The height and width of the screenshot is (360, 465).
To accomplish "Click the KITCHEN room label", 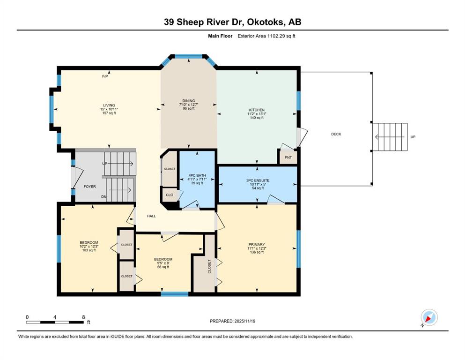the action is tap(257, 110).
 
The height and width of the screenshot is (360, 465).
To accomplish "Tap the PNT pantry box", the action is tap(288, 157).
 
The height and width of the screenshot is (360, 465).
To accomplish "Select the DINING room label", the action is tap(189, 101).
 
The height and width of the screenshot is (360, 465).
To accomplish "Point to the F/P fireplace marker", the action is tap(105, 76).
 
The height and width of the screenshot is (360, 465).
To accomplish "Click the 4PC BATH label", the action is tap(197, 175).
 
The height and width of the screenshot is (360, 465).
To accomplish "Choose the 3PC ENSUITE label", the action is tap(258, 180).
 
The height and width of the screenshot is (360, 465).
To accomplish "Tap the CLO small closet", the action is tap(170, 195).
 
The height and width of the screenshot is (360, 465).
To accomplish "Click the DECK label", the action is tap(336, 134).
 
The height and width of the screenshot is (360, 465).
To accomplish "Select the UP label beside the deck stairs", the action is tap(413, 137).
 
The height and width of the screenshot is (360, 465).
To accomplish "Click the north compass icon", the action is tap(429, 317).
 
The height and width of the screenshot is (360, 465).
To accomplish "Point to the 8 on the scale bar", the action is tap(83, 317).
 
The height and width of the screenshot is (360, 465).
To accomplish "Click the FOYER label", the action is tap(89, 187).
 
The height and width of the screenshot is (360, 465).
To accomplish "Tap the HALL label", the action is tap(151, 216).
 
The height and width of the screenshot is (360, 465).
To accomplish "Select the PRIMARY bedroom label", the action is tap(257, 245).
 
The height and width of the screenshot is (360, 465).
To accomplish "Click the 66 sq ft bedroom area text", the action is tap(163, 267).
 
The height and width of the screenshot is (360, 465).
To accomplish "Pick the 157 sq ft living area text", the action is tap(109, 113).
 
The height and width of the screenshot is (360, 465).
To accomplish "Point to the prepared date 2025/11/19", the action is tap(244, 321).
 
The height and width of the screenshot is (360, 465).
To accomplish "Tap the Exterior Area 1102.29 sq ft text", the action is tap(266, 36).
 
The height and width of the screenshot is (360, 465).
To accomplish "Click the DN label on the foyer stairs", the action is tap(104, 197).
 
